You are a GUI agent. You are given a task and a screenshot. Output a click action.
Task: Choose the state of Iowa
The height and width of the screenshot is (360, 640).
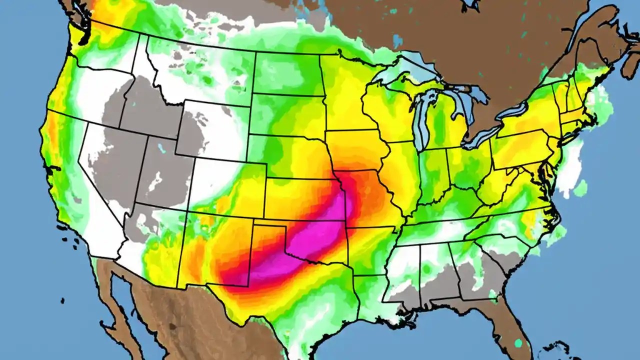(355, 150)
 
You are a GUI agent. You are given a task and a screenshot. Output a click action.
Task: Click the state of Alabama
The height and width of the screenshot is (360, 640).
(440, 270)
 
